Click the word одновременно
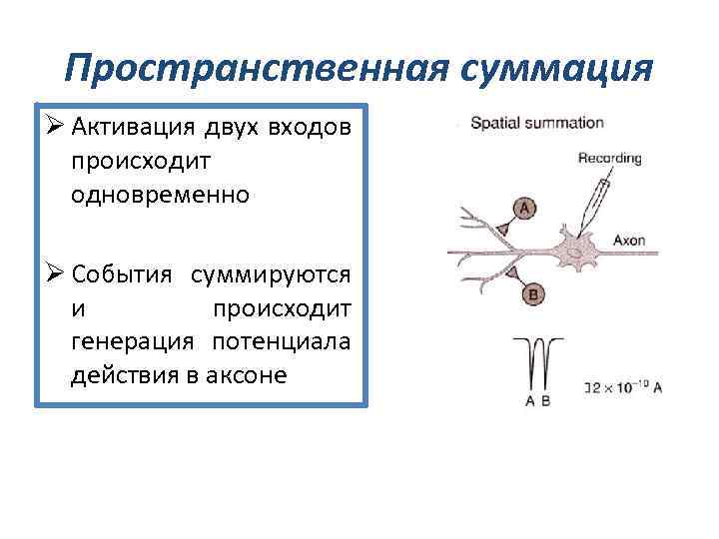[x=160, y=194]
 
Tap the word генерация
[x=135, y=343]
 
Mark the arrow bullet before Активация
[x=54, y=128]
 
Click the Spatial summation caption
[x=537, y=124]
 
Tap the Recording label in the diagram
[x=609, y=158]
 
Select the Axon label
[x=630, y=241]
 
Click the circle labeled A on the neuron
[x=526, y=208]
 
